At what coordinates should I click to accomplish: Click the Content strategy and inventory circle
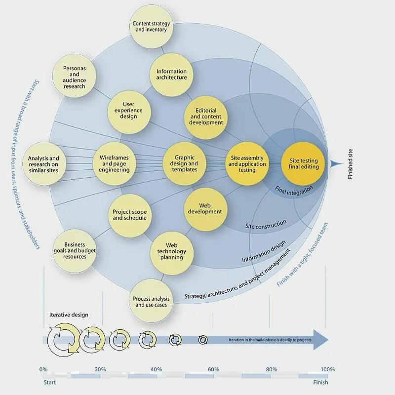151,27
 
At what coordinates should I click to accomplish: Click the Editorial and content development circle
206,117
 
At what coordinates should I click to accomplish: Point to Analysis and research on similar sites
43,164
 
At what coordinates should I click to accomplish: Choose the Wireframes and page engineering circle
114,163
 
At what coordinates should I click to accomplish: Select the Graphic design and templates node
184,163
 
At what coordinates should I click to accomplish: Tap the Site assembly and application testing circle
247,163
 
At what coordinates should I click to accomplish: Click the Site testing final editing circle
304,163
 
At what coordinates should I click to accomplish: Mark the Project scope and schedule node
129,215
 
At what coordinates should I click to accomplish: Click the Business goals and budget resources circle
75,250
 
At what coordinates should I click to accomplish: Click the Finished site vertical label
351,163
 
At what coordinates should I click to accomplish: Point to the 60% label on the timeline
213,369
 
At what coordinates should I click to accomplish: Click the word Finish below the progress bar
320,382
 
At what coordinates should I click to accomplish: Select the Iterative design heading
69,315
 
